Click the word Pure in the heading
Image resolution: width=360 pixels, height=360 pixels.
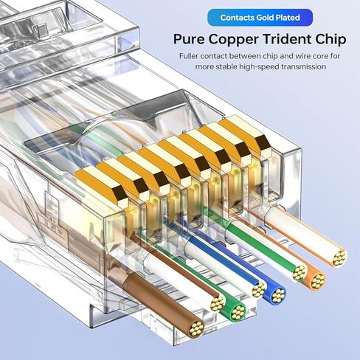pyautogui.click(x=189, y=39)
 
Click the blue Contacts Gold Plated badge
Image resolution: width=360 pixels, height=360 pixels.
pyautogui.click(x=260, y=18)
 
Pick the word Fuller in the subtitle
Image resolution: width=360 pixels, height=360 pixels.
pyautogui.click(x=189, y=56)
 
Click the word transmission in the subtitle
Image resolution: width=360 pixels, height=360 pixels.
pyautogui.click(x=303, y=66)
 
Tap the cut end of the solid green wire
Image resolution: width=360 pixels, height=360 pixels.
pyautogui.click(x=238, y=312)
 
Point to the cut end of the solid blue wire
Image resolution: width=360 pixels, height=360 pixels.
pyautogui.click(x=278, y=295)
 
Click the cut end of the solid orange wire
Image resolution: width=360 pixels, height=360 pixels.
pyautogui.click(x=318, y=280)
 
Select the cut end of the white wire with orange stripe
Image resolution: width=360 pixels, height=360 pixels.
pyautogui.click(x=339, y=258)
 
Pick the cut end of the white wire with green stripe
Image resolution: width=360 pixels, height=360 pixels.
pyautogui.click(x=300, y=273)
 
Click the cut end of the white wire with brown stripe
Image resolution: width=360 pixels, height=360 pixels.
pyautogui.click(x=218, y=303)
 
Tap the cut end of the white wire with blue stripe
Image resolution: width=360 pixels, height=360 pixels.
pyautogui.click(x=259, y=289)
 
